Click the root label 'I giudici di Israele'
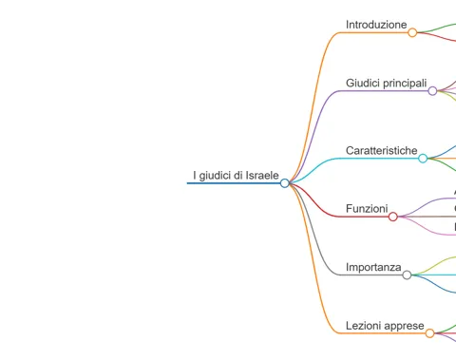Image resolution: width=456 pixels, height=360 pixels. tap(236, 176)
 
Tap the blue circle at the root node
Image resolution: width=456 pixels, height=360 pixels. tap(285, 183)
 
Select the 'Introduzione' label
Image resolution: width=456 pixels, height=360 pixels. tap(376, 25)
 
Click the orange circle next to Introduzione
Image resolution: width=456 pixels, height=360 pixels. tap(412, 32)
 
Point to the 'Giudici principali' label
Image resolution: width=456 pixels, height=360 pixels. tap(387, 84)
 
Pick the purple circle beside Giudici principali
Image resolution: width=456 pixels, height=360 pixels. tap(432, 91)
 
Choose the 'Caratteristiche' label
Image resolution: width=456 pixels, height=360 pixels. tap(382, 150)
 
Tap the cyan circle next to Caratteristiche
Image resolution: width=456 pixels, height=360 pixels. tap(423, 159)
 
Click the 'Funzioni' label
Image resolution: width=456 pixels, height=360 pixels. tap(367, 209)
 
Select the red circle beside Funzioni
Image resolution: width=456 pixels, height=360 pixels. tap(393, 217)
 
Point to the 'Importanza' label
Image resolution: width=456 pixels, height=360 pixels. tap(373, 268)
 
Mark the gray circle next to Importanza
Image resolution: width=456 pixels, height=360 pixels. tap(407, 275)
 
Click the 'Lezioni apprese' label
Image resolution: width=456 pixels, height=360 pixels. tap(385, 326)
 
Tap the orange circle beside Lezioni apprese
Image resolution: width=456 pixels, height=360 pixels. tap(429, 333)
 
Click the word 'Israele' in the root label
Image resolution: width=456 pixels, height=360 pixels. tap(262, 176)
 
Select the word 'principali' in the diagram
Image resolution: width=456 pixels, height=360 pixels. tap(405, 84)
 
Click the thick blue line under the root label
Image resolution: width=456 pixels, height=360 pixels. tap(234, 183)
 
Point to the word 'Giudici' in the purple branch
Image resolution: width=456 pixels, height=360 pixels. tap(363, 83)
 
